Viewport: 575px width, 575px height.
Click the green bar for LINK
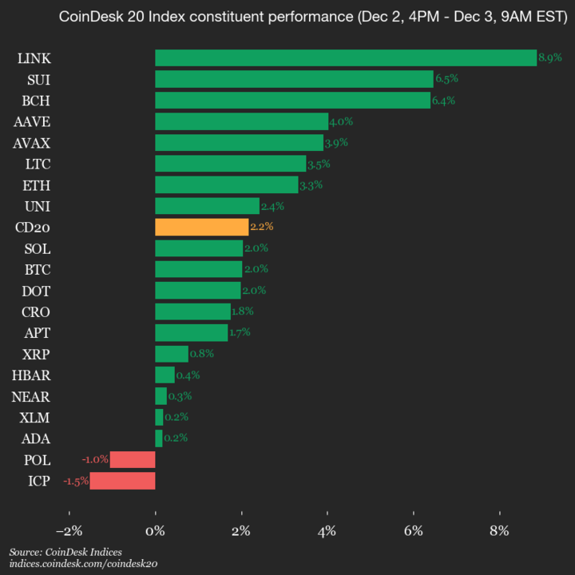(345, 57)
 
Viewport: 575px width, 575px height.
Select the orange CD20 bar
(201, 227)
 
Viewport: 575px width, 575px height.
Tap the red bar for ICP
(122, 481)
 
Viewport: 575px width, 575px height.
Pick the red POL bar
(133, 459)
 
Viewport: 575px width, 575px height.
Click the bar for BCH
(292, 100)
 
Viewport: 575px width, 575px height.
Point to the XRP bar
(172, 354)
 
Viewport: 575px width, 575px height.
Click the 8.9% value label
(550, 57)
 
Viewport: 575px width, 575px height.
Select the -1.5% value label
(77, 481)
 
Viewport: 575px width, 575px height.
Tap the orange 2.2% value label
(262, 227)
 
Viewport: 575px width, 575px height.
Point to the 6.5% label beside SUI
(446, 79)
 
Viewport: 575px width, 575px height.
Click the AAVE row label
(32, 121)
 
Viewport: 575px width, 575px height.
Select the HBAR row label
(31, 375)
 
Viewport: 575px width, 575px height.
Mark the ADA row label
(36, 438)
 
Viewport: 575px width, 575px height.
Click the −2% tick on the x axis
(69, 531)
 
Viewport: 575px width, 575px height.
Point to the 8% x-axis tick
(500, 531)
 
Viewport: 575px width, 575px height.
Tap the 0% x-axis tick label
(156, 531)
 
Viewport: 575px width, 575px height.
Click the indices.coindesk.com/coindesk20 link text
(83, 564)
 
